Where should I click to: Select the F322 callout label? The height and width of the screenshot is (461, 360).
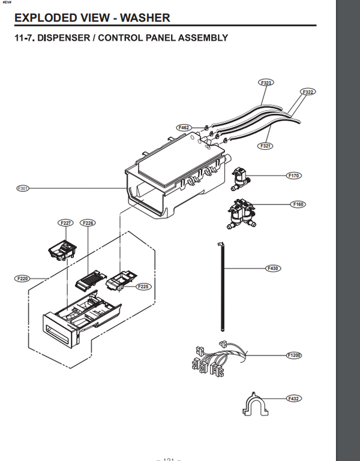[x=308, y=92]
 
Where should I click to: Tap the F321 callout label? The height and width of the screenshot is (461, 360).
[x=266, y=146]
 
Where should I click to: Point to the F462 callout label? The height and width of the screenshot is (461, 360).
[x=184, y=127]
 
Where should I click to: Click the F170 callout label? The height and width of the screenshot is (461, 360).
[x=294, y=176]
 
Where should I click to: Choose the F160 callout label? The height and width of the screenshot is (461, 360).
[x=298, y=204]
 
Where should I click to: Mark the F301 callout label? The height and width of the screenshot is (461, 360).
[x=23, y=188]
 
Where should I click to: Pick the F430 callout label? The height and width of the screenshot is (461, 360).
[x=274, y=268]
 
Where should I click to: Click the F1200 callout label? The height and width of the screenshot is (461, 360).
[x=295, y=355]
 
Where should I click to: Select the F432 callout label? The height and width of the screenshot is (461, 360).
[x=293, y=398]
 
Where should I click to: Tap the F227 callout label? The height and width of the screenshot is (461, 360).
[x=66, y=223]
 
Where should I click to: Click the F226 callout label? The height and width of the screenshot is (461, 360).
[x=88, y=223]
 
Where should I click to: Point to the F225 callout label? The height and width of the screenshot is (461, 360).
[x=143, y=286]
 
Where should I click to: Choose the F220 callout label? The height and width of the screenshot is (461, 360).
[x=22, y=279]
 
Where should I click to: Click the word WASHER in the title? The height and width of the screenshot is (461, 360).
[x=145, y=17]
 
